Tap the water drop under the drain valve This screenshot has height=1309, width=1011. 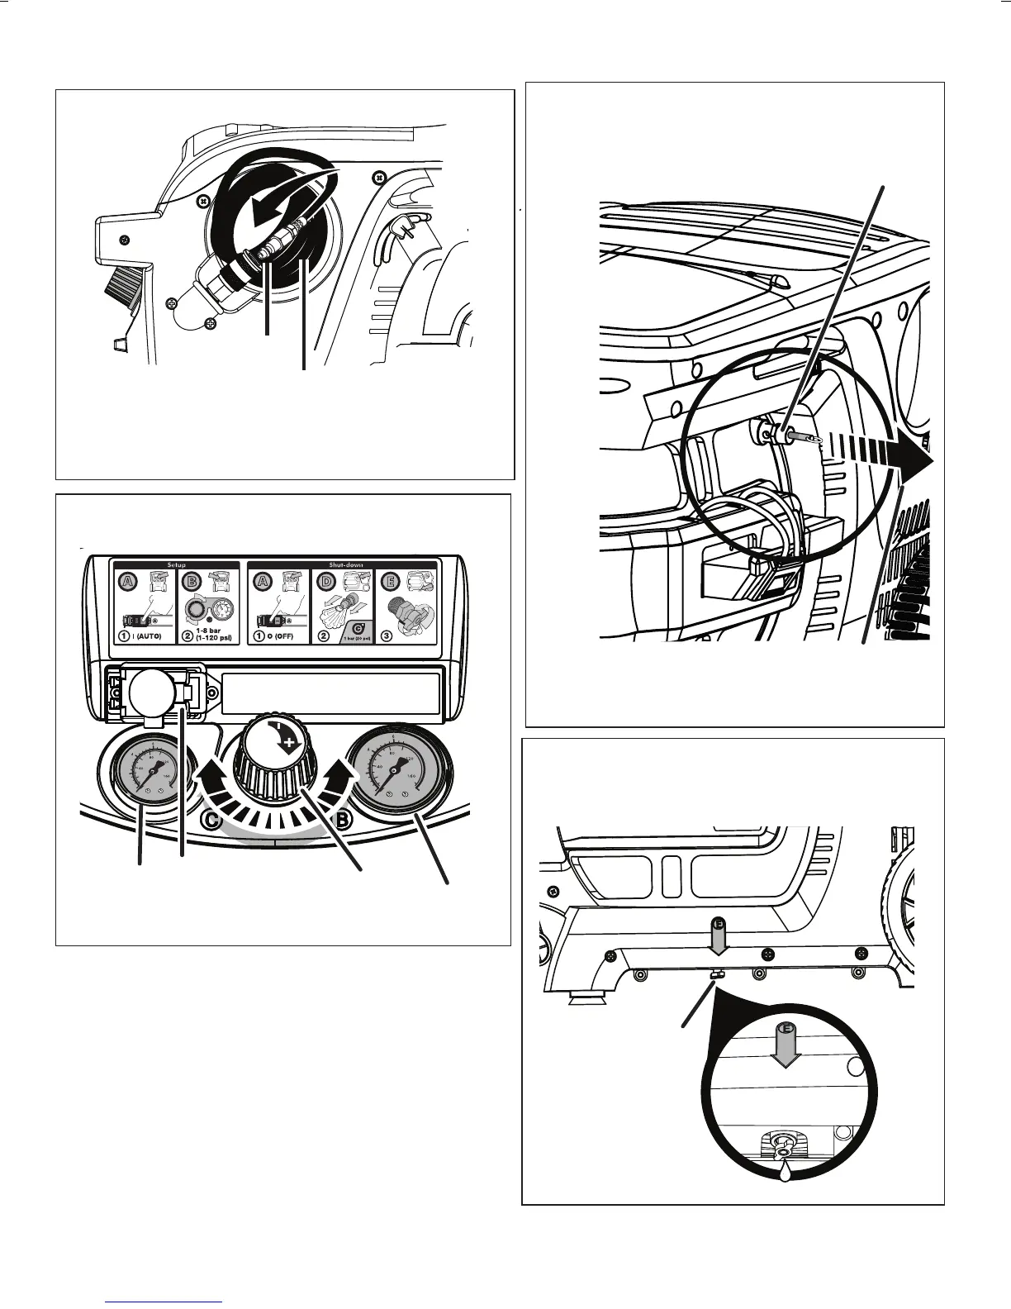[783, 1166]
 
